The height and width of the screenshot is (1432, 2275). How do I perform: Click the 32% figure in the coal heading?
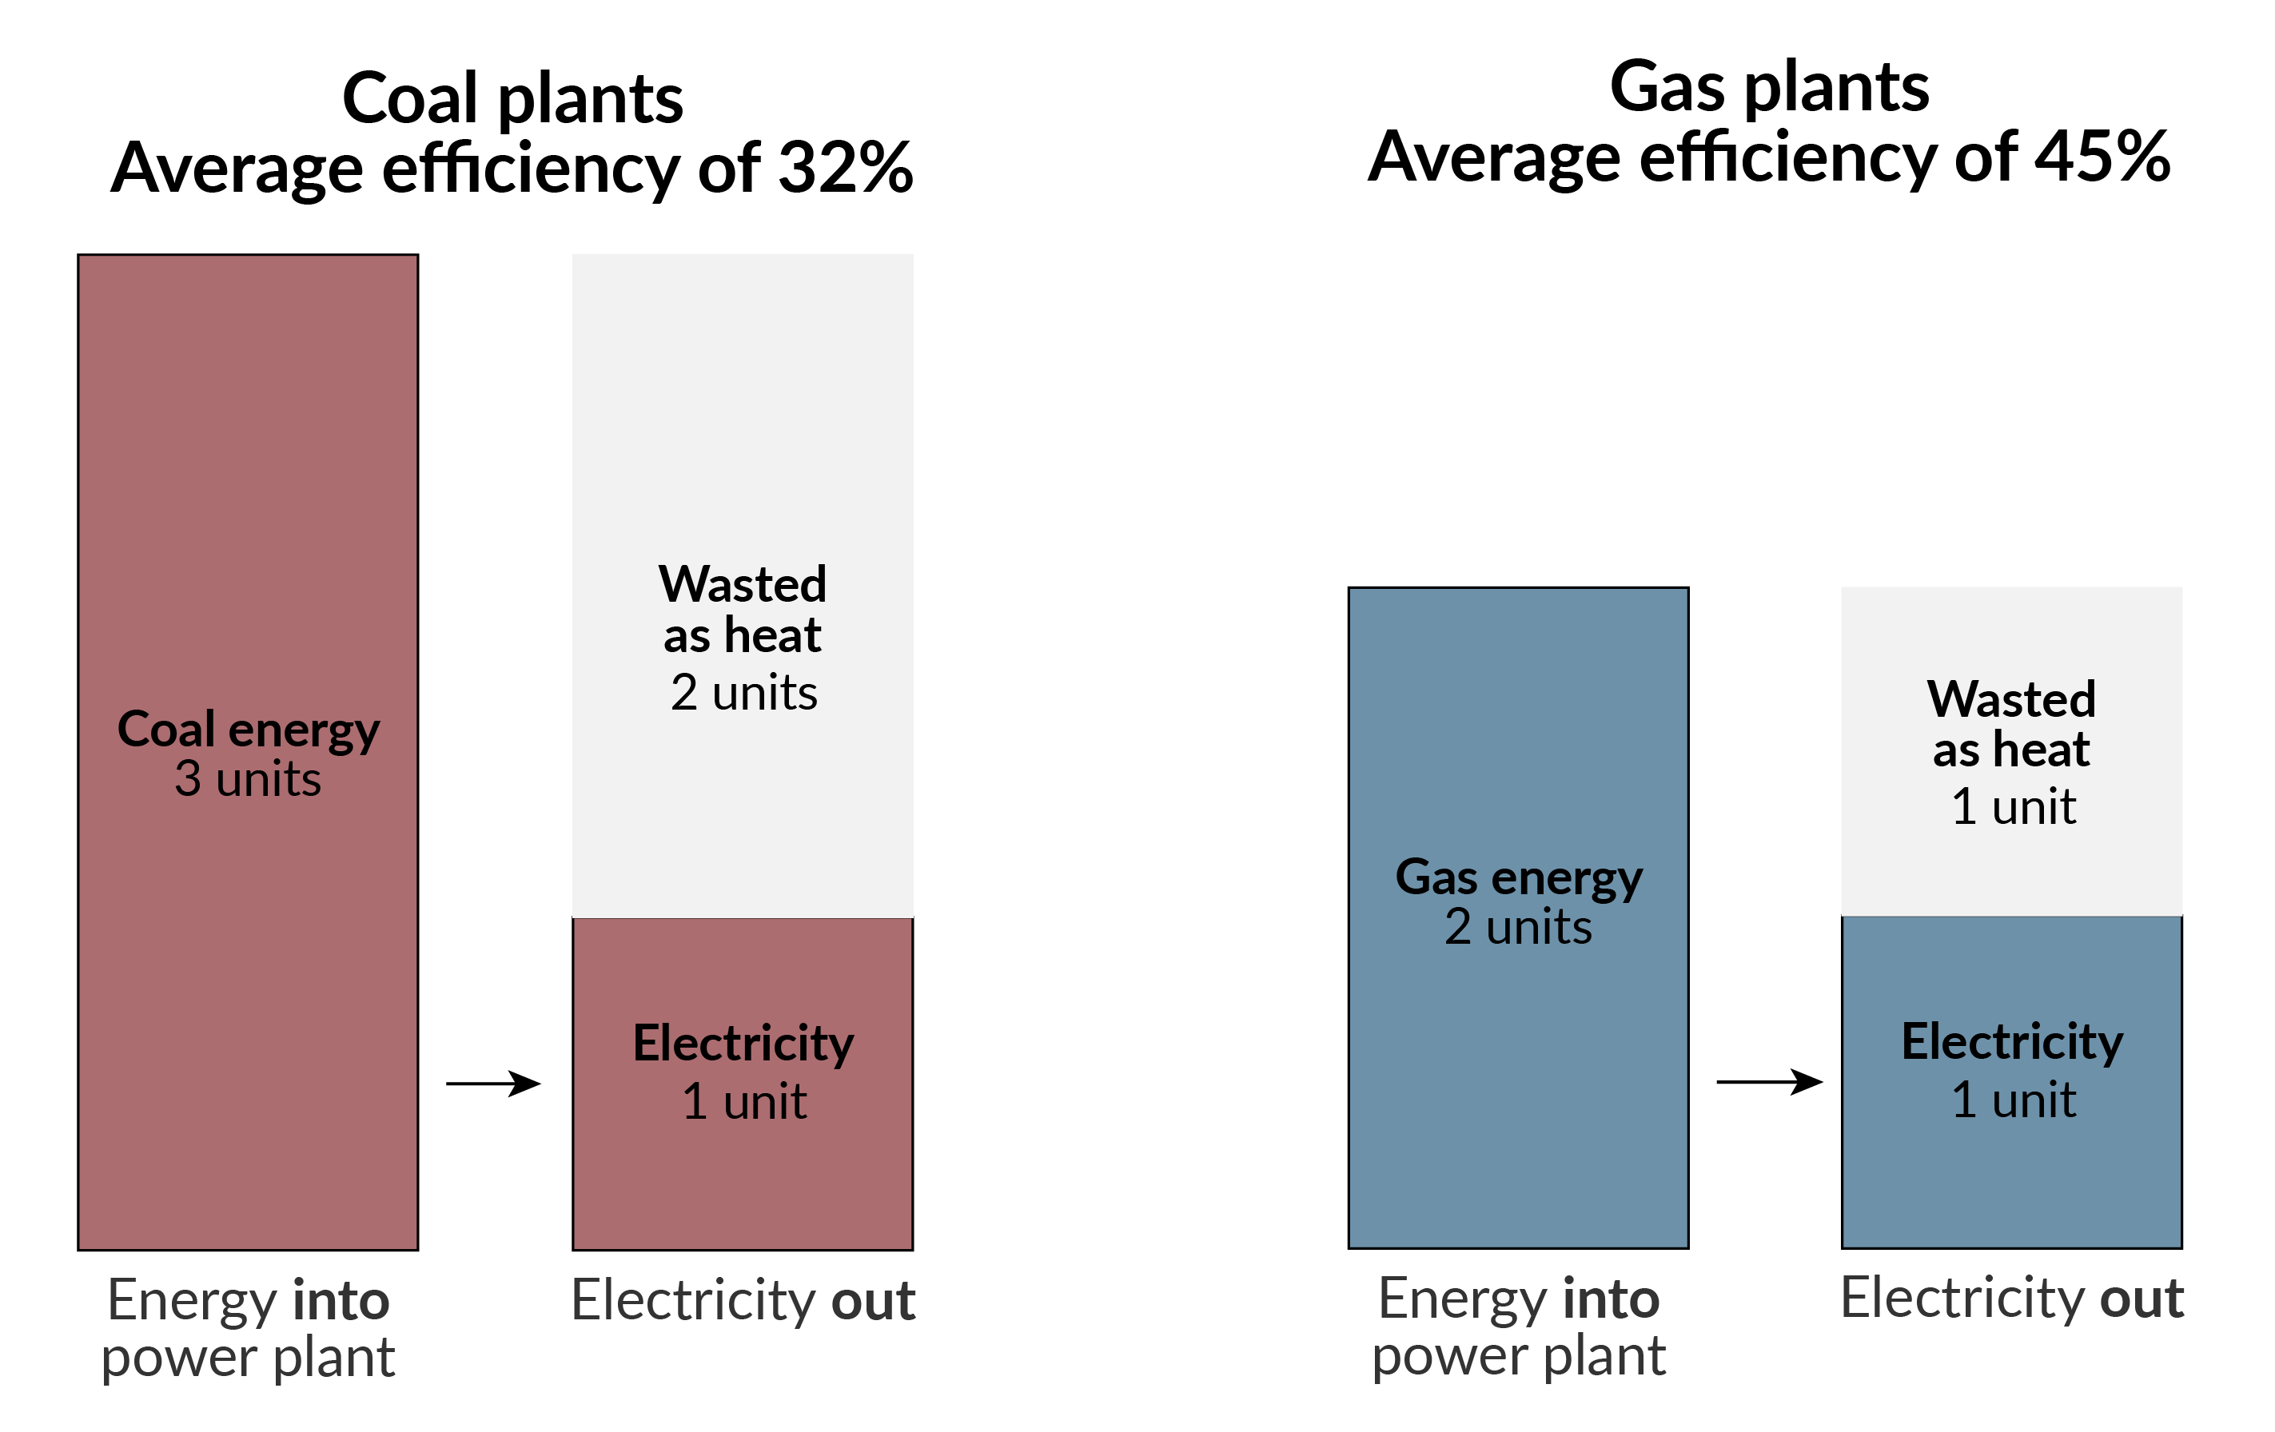[x=843, y=168]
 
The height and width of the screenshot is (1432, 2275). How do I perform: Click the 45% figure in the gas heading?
[x=2102, y=157]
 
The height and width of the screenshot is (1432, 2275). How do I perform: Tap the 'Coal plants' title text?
[x=512, y=98]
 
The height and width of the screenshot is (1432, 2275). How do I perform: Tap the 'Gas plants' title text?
[x=1769, y=87]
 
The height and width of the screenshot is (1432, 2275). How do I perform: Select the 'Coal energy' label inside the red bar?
[x=249, y=730]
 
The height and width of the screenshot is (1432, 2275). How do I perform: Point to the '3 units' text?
[x=249, y=779]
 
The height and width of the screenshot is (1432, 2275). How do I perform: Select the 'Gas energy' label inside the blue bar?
[x=1518, y=877]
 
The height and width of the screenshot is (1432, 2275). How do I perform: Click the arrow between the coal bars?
[x=493, y=1083]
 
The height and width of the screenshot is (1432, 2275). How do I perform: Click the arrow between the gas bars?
[x=1769, y=1080]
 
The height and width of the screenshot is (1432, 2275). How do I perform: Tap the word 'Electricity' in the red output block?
[x=743, y=1044]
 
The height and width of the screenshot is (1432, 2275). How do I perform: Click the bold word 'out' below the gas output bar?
[x=2142, y=1298]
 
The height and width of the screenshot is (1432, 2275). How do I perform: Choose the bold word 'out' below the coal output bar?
[x=873, y=1301]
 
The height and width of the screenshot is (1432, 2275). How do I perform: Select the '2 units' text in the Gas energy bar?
[x=1518, y=927]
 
